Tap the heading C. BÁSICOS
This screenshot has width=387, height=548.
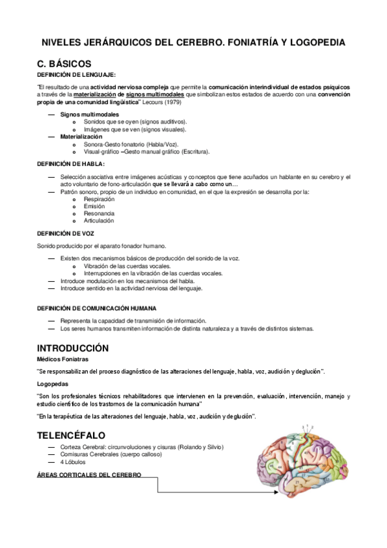click(x=64, y=64)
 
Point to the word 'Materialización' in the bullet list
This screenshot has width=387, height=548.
click(x=81, y=137)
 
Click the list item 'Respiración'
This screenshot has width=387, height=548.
click(x=99, y=199)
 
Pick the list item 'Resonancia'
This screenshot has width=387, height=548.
click(x=99, y=213)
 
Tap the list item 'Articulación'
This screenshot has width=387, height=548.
click(x=99, y=220)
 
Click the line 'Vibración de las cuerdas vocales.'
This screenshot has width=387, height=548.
click(x=127, y=266)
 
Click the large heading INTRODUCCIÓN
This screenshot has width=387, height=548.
click(x=72, y=348)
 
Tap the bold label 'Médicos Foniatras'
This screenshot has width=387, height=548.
click(x=63, y=359)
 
